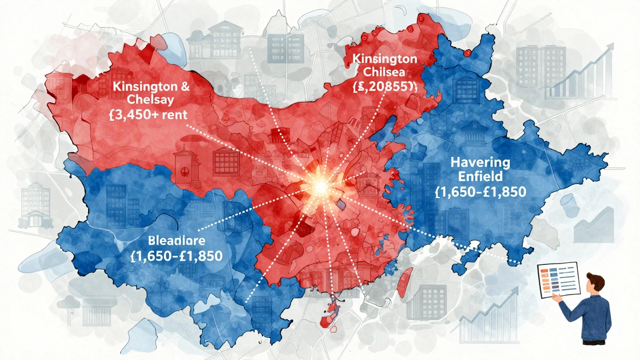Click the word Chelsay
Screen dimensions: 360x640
click(144, 99)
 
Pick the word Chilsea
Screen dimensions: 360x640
click(384, 72)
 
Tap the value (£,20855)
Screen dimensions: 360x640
click(384, 86)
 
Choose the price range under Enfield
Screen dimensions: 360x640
click(480, 192)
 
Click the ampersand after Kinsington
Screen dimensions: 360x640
click(184, 85)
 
